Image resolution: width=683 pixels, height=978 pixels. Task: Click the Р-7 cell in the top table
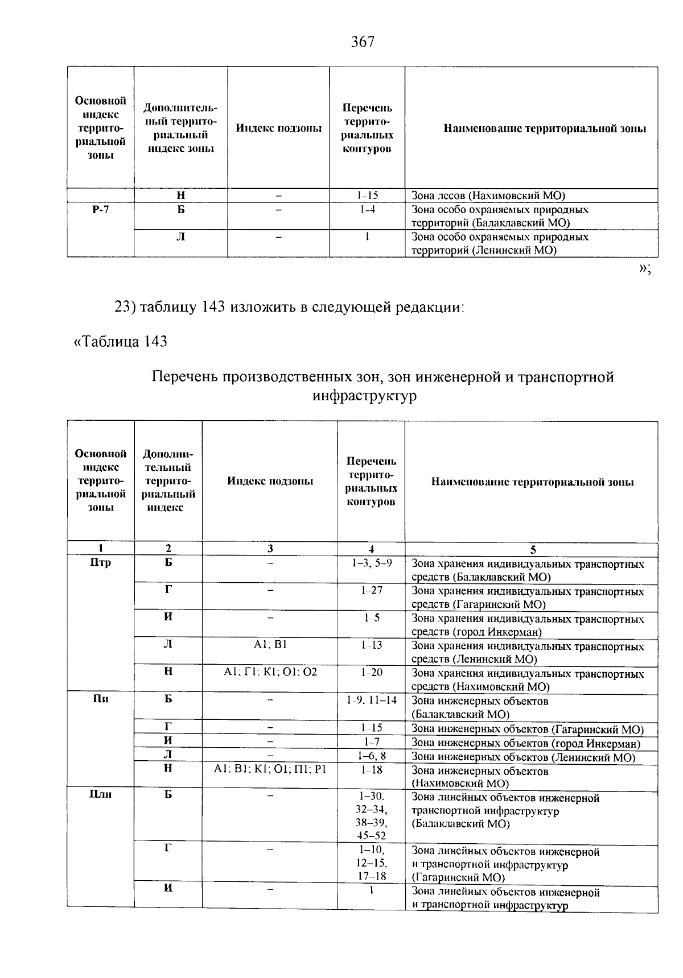(x=100, y=210)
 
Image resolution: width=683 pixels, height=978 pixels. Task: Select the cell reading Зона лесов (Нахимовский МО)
(x=488, y=196)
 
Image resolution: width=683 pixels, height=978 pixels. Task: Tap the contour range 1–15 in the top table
(x=368, y=196)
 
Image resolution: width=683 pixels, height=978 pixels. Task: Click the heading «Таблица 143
(x=120, y=341)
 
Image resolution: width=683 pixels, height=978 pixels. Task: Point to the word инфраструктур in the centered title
(x=364, y=396)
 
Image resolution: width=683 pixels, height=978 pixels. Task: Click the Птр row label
(x=100, y=563)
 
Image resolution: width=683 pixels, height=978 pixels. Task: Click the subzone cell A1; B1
(x=270, y=645)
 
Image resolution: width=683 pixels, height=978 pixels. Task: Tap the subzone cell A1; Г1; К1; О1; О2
(x=270, y=672)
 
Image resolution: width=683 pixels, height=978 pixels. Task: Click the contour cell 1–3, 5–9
(x=371, y=563)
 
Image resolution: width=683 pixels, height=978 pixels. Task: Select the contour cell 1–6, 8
(x=371, y=756)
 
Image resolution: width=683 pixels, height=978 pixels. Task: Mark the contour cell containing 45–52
(x=371, y=836)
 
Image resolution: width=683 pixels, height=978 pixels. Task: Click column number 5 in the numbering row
(x=533, y=549)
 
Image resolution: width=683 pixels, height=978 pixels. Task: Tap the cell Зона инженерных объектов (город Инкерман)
(x=526, y=743)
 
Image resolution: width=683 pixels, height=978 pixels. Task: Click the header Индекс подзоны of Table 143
(x=270, y=482)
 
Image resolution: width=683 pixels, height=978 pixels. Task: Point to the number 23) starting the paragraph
(x=125, y=308)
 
